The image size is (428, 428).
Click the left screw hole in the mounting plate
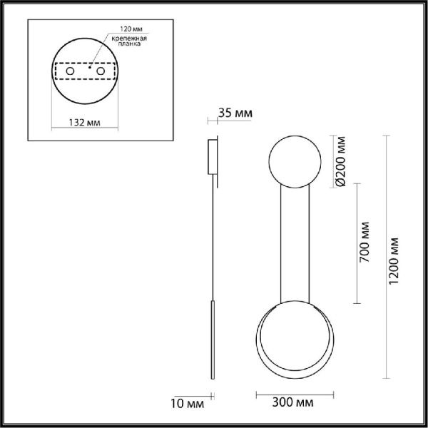click(x=70, y=73)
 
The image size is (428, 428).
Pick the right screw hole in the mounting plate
click(x=103, y=73)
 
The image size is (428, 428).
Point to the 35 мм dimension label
click(x=235, y=113)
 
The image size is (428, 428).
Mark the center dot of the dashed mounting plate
click(x=86, y=71)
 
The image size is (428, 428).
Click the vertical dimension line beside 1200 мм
click(x=386, y=257)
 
